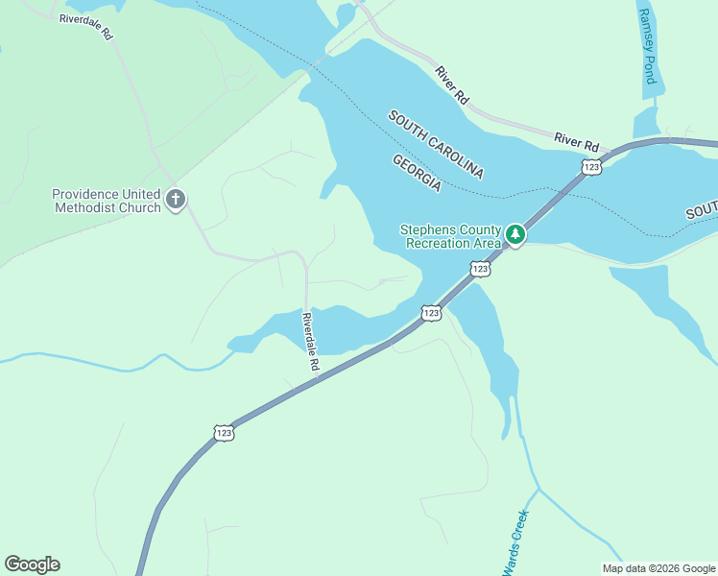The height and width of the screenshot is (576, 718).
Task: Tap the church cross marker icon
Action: point(176,200)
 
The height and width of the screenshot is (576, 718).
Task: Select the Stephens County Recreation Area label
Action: point(450,236)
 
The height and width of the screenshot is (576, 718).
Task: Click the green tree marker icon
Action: point(515,234)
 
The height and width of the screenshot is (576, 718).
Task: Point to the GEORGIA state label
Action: point(417,173)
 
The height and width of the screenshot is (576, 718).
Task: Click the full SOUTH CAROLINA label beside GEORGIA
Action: point(436,145)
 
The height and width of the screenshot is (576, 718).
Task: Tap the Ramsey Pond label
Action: point(647,47)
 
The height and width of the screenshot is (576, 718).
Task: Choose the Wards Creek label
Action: point(516,541)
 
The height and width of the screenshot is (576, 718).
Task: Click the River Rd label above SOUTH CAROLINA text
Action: point(451,84)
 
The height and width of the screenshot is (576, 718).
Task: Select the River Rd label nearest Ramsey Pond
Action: point(577,140)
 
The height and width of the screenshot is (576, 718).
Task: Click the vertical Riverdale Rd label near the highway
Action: point(309,343)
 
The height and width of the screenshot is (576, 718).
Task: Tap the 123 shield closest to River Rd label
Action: point(589,167)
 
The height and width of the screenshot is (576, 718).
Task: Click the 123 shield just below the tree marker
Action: point(481,270)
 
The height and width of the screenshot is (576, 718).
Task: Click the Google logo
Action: point(32,564)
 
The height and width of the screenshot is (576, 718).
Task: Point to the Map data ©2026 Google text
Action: point(658,568)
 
